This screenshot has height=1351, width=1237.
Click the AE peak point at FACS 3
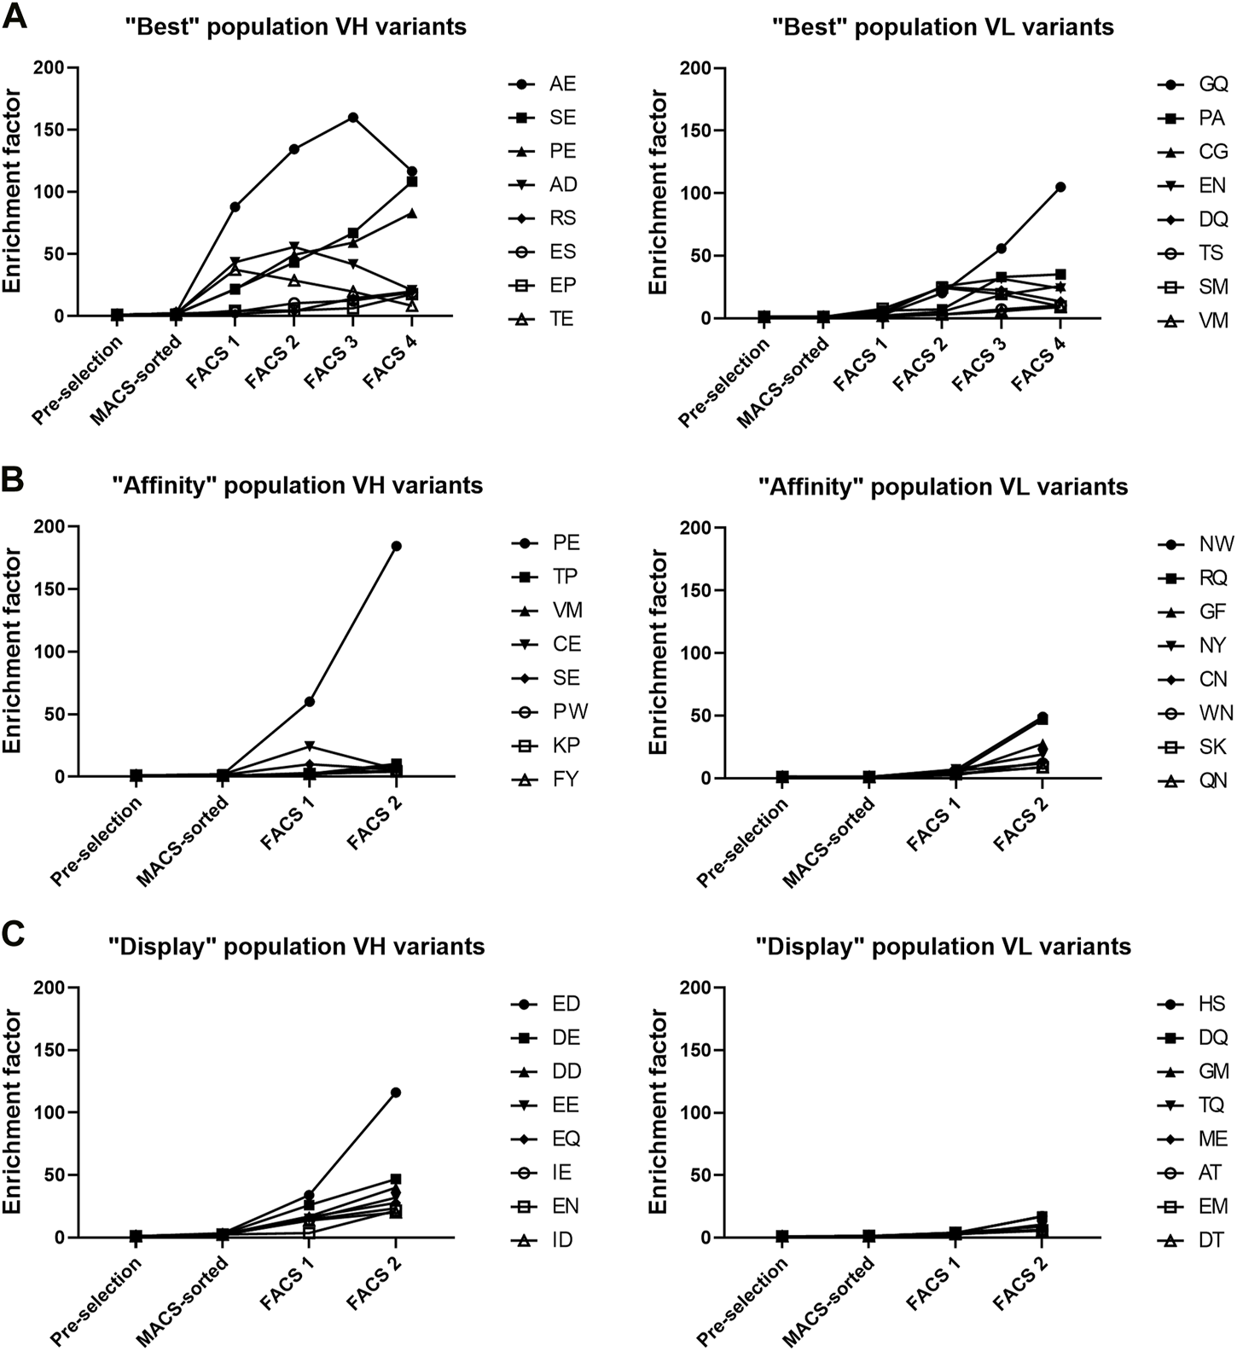(352, 118)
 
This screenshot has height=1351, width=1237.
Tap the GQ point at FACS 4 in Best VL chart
(1060, 187)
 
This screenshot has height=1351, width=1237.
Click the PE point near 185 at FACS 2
(396, 546)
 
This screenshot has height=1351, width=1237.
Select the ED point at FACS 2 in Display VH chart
(396, 1093)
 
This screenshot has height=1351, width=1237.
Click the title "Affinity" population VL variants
(944, 487)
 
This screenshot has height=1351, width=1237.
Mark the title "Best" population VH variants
(295, 26)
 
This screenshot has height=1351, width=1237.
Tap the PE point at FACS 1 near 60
(309, 701)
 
